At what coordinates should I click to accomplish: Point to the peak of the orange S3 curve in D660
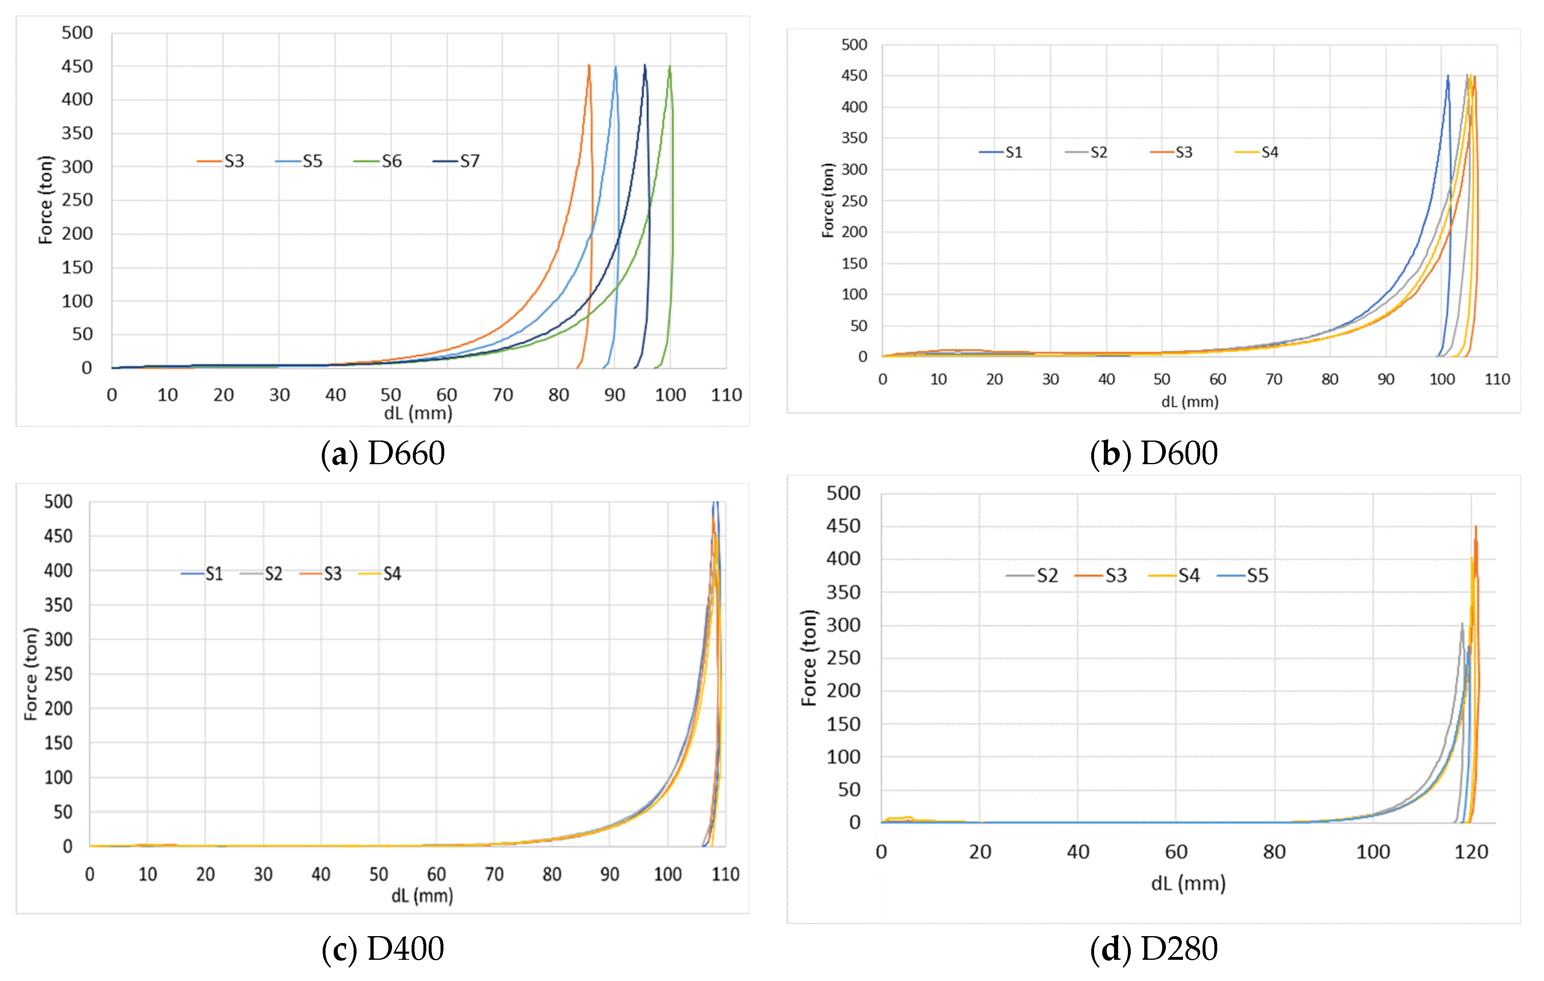click(x=589, y=65)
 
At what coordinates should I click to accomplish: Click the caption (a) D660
click(x=383, y=453)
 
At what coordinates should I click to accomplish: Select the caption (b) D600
click(x=1154, y=453)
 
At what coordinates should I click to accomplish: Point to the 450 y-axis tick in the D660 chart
click(x=77, y=66)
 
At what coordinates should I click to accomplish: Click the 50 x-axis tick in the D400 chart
click(x=378, y=874)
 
